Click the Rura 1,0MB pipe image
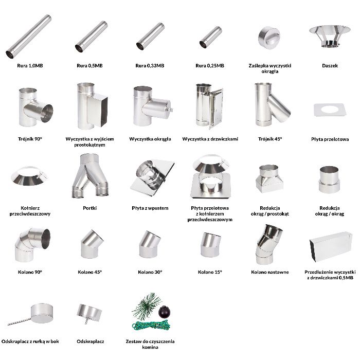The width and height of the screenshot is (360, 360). (x=29, y=37)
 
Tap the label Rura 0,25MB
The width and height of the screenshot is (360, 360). (x=210, y=66)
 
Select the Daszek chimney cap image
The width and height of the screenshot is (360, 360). (x=330, y=37)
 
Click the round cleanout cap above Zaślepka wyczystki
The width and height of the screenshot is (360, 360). (x=269, y=38)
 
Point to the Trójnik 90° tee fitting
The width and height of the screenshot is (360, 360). (x=35, y=107)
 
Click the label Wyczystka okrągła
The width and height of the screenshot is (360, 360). (x=150, y=139)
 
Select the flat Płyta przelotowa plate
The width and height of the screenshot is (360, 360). (x=330, y=110)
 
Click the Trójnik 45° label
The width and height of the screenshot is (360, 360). (x=270, y=139)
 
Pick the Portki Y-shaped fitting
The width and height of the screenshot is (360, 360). (x=90, y=176)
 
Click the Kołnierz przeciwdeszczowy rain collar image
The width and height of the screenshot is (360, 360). (x=29, y=176)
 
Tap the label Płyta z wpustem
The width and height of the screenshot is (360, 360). (x=150, y=208)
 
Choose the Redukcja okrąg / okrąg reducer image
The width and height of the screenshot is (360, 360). (x=329, y=179)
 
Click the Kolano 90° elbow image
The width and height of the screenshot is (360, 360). (x=32, y=245)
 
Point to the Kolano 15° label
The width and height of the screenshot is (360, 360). (x=210, y=272)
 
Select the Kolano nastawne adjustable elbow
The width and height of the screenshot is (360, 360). (x=268, y=244)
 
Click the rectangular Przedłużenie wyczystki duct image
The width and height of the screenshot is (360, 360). (x=331, y=247)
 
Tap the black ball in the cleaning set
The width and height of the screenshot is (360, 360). (x=165, y=312)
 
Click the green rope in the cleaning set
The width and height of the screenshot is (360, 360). (x=151, y=326)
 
